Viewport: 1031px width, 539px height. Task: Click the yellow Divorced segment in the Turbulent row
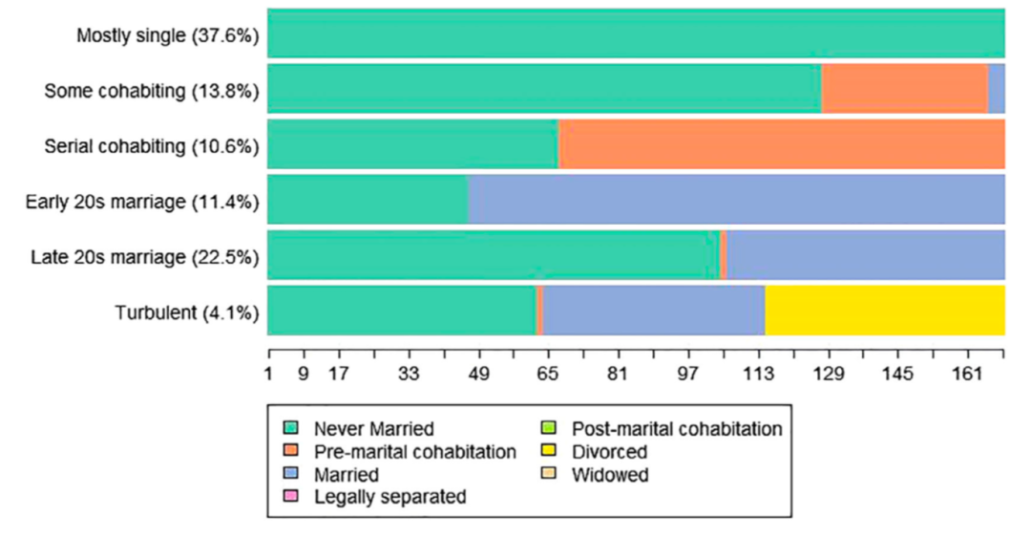point(885,311)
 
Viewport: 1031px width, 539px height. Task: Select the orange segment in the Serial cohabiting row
point(781,144)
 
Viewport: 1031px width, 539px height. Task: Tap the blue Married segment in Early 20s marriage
point(736,200)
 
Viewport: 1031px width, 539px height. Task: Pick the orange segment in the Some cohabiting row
point(904,89)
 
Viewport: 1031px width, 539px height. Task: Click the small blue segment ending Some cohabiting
point(996,89)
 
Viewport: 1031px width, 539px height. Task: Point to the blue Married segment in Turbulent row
point(654,311)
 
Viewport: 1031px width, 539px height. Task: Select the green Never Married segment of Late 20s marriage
point(494,255)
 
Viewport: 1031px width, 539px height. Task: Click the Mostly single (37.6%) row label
point(168,36)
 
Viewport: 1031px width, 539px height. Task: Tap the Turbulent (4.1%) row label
point(187,313)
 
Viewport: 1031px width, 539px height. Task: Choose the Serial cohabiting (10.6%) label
point(152,146)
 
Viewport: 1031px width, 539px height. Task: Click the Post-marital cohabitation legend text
point(676,429)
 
